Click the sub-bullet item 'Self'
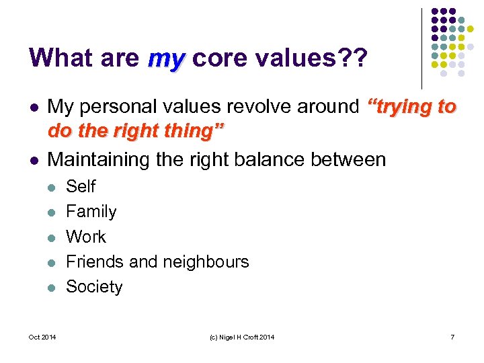(81, 186)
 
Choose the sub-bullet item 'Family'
(91, 212)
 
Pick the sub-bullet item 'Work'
(86, 237)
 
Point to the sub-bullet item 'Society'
(94, 287)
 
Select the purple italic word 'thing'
(194, 131)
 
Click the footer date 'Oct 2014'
(42, 337)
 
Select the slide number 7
(452, 337)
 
